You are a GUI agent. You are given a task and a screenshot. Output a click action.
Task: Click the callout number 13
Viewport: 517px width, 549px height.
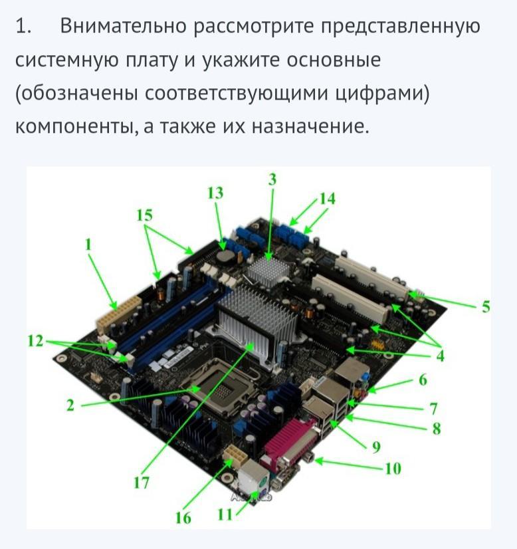[x=215, y=193]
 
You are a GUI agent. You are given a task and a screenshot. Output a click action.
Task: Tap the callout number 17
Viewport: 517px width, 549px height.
[x=142, y=483]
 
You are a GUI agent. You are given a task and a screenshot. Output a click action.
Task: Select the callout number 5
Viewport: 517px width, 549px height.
[x=486, y=306]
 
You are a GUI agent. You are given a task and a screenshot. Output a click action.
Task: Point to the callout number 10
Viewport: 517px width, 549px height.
[x=393, y=469]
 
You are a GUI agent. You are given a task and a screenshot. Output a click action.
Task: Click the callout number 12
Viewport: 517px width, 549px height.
[x=35, y=341]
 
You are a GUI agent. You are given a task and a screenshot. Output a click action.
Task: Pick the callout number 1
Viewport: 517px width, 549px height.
[x=88, y=245]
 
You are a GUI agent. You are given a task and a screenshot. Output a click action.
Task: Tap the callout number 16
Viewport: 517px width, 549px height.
[x=183, y=518]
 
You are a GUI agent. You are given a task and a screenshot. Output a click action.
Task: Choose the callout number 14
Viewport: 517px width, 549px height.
[x=328, y=199]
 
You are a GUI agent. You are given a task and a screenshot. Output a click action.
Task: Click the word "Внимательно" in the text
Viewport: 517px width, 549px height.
[x=123, y=26]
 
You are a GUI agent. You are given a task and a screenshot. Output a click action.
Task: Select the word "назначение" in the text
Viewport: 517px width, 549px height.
[x=310, y=127]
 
